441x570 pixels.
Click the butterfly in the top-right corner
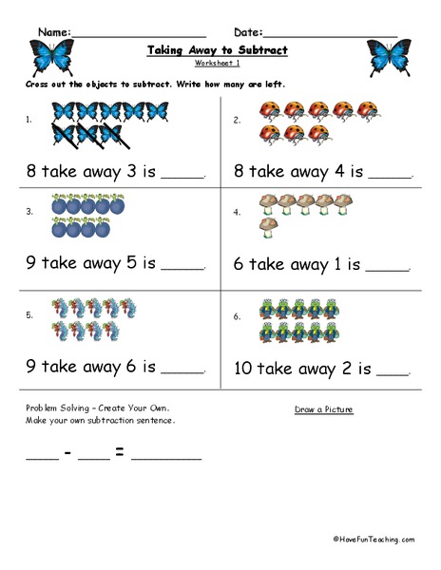[389, 57]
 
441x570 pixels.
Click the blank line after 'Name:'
[139, 33]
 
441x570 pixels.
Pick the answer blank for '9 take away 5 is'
[184, 268]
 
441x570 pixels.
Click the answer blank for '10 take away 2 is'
[394, 370]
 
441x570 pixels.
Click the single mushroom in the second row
[267, 228]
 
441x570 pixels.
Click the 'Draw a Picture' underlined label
[323, 409]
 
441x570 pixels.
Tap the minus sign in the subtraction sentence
[69, 452]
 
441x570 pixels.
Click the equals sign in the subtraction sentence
[120, 452]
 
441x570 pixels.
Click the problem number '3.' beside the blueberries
[29, 211]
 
